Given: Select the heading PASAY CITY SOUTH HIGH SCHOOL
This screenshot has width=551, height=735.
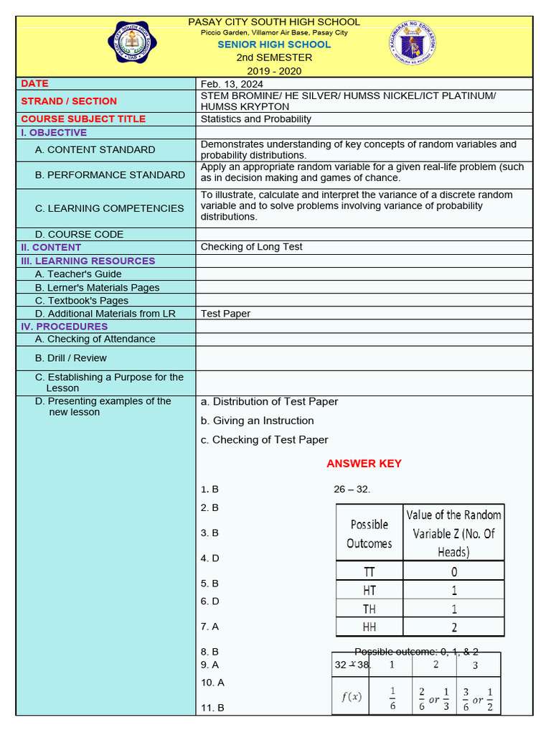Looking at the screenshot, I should (274, 22).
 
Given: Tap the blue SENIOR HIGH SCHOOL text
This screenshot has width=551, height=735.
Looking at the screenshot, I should (275, 45).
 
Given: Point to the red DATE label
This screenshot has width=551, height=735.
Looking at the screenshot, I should (35, 84).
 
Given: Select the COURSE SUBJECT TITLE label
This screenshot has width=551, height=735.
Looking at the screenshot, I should (83, 119).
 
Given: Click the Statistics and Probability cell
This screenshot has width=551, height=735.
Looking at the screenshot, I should (255, 119).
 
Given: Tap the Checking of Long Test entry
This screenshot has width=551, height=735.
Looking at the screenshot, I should (251, 247).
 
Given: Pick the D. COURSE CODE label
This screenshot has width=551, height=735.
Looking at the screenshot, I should (79, 235).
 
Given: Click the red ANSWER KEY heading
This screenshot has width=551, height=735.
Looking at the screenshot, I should (364, 464).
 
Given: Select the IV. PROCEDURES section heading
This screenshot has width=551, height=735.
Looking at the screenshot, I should (65, 327).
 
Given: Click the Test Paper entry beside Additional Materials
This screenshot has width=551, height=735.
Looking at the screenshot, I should (225, 314).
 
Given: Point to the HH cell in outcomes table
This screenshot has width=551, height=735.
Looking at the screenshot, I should (369, 627).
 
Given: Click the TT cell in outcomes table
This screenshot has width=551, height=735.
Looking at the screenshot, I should (369, 572).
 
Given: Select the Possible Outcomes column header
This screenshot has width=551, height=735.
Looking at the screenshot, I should (369, 534).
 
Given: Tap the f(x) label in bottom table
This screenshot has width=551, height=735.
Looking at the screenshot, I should (351, 696).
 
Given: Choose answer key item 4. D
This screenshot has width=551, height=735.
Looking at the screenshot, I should (210, 558).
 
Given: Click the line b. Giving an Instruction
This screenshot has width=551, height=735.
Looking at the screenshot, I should (258, 421).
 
